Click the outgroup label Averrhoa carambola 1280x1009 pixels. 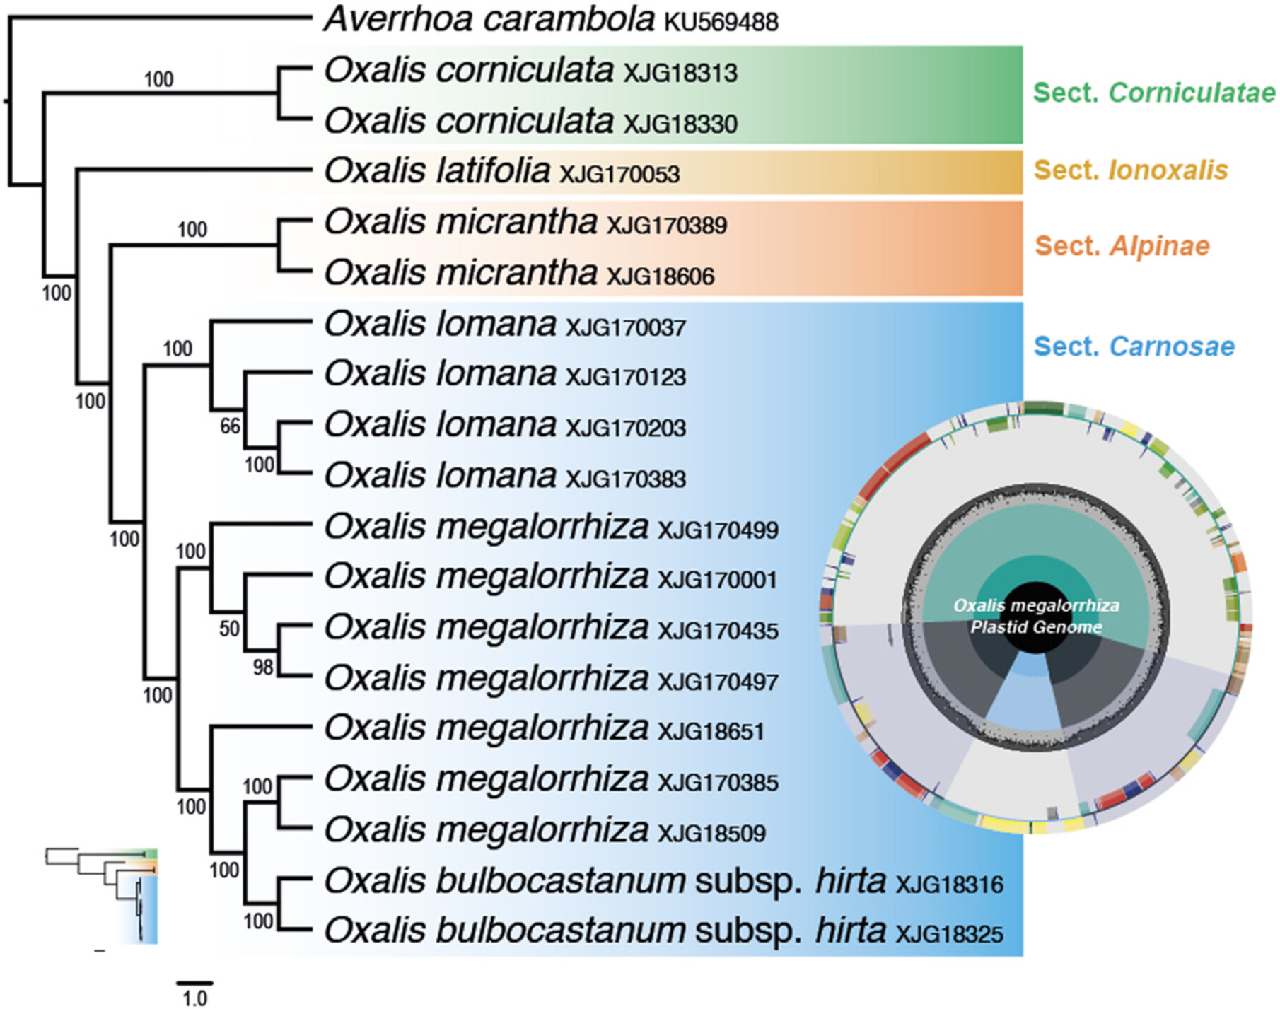click(489, 19)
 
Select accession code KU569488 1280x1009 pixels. click(721, 23)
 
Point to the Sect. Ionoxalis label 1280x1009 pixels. click(1131, 170)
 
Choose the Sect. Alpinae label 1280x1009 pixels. click(1122, 246)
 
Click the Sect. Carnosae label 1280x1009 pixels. click(1134, 346)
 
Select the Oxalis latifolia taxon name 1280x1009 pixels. click(437, 170)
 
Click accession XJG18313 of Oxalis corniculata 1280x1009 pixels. click(680, 74)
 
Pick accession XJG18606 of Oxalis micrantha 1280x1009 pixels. click(661, 276)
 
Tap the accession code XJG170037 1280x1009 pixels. click(626, 327)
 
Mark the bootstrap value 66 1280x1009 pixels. click(231, 426)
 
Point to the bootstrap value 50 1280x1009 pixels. click(229, 629)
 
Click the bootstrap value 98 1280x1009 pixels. click(263, 667)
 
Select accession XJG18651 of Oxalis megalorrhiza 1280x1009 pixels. click(711, 732)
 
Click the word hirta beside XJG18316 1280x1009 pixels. click(851, 881)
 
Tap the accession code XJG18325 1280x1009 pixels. click(949, 934)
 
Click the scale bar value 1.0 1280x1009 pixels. click(194, 998)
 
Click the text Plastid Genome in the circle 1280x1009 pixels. click(1036, 627)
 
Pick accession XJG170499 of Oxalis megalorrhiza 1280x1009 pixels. click(718, 530)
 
